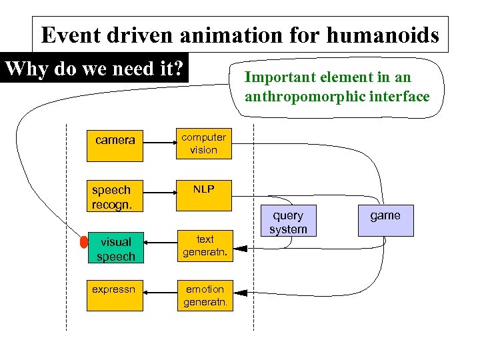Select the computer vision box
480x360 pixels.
pos(204,144)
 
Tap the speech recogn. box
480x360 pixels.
pos(115,195)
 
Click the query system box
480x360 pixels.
pos(288,221)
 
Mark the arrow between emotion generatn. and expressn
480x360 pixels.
pos(159,291)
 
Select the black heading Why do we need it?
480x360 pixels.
pos(94,69)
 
